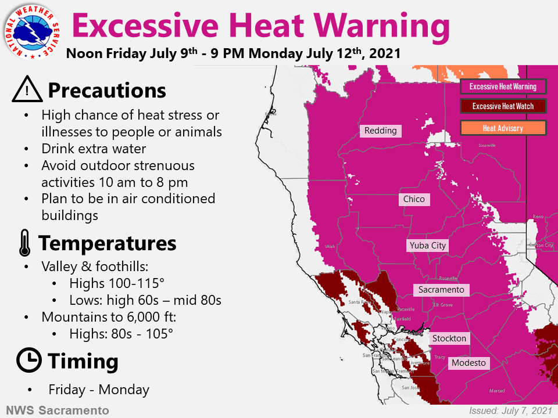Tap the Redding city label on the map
tap(381, 131)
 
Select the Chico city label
tap(414, 199)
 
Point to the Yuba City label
tap(427, 246)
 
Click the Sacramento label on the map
tap(441, 289)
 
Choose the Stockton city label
tap(449, 338)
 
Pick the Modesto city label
tap(468, 363)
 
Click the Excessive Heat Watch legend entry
tap(503, 106)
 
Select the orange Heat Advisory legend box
tap(503, 128)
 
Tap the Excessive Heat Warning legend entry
tap(503, 87)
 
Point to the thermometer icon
tap(24, 243)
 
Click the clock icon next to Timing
tap(28, 361)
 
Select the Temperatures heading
tap(107, 243)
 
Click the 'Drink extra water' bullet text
tap(94, 149)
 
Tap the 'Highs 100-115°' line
tap(117, 283)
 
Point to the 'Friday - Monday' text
tap(99, 390)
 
